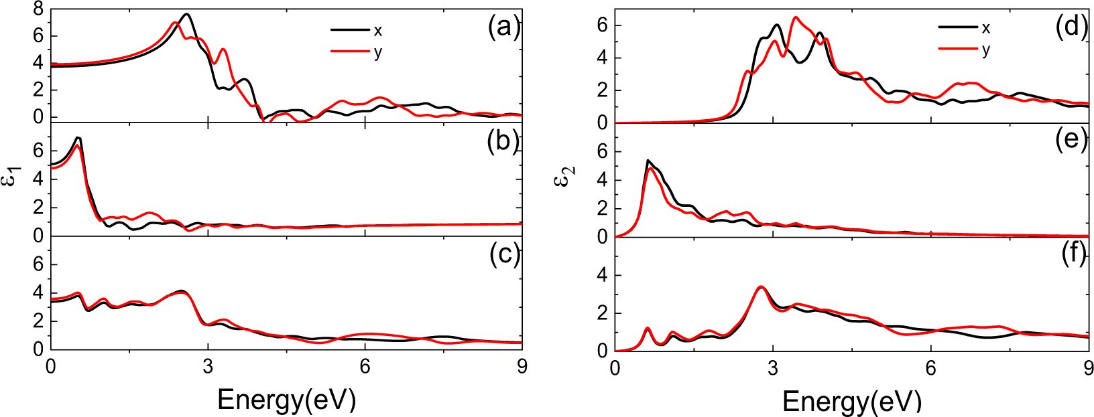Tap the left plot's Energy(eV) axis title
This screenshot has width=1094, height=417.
pyautogui.click(x=286, y=400)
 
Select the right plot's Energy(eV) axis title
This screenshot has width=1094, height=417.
pyautogui.click(x=851, y=402)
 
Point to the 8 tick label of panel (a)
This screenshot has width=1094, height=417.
pyautogui.click(x=38, y=9)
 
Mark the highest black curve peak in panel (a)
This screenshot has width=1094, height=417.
pyautogui.click(x=187, y=14)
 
